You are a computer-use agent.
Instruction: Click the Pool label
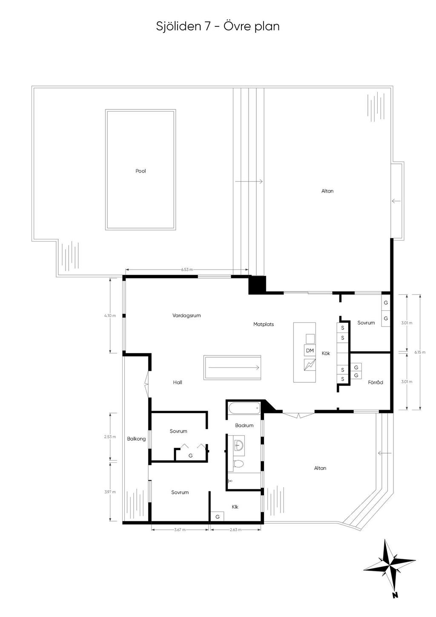tap(141, 171)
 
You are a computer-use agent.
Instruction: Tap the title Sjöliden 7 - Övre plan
tap(218, 26)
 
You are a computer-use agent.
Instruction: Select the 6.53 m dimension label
tap(187, 270)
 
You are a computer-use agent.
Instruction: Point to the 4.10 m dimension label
tap(110, 316)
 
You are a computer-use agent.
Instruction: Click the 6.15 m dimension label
tap(420, 352)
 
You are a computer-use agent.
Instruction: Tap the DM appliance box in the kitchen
tap(310, 350)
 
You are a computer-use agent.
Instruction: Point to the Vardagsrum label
tap(186, 316)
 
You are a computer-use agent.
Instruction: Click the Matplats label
tap(264, 324)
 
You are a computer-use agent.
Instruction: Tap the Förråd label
tap(376, 382)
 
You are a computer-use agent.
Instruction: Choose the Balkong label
tap(136, 439)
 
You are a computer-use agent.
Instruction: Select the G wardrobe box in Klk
tap(217, 517)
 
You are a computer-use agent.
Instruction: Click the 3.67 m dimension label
tap(180, 530)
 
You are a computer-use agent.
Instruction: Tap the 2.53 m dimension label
tap(110, 437)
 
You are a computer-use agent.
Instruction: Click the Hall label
tap(178, 382)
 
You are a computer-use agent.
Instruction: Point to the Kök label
tap(326, 353)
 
